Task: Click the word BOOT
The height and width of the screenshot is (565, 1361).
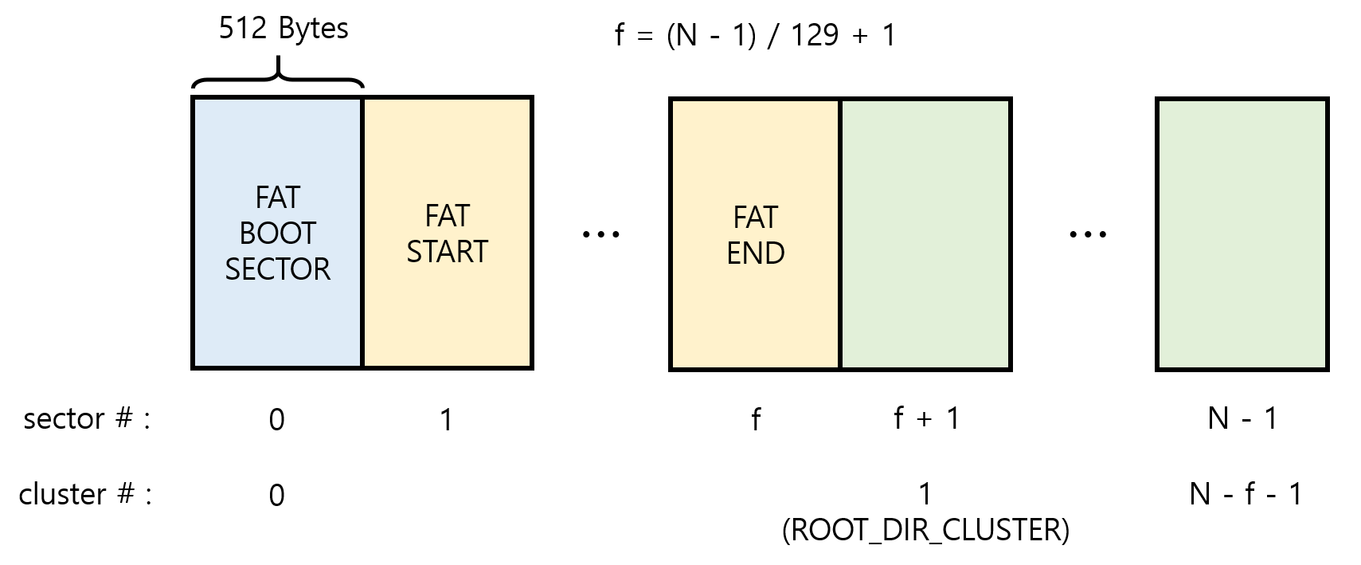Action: click(x=277, y=233)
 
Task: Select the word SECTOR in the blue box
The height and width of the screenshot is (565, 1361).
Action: click(x=277, y=269)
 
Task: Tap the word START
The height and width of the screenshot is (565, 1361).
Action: click(x=447, y=252)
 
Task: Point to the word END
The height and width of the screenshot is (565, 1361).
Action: click(x=756, y=253)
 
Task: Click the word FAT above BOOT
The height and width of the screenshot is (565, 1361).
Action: click(x=277, y=197)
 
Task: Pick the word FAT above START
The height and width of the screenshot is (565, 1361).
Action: click(x=447, y=216)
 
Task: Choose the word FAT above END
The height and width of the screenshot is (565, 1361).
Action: click(x=756, y=218)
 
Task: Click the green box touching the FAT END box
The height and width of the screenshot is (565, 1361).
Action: click(x=925, y=234)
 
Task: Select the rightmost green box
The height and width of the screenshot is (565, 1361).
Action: click(x=1242, y=234)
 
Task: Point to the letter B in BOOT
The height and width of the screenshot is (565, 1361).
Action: click(x=247, y=233)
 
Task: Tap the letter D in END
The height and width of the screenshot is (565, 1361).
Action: click(x=774, y=253)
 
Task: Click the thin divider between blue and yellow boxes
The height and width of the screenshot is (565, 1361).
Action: click(x=362, y=233)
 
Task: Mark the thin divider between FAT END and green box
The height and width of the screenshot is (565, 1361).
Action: click(x=840, y=234)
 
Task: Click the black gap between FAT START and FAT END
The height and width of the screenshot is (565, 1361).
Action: click(x=601, y=233)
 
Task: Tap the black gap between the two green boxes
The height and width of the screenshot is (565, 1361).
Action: click(x=1084, y=234)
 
